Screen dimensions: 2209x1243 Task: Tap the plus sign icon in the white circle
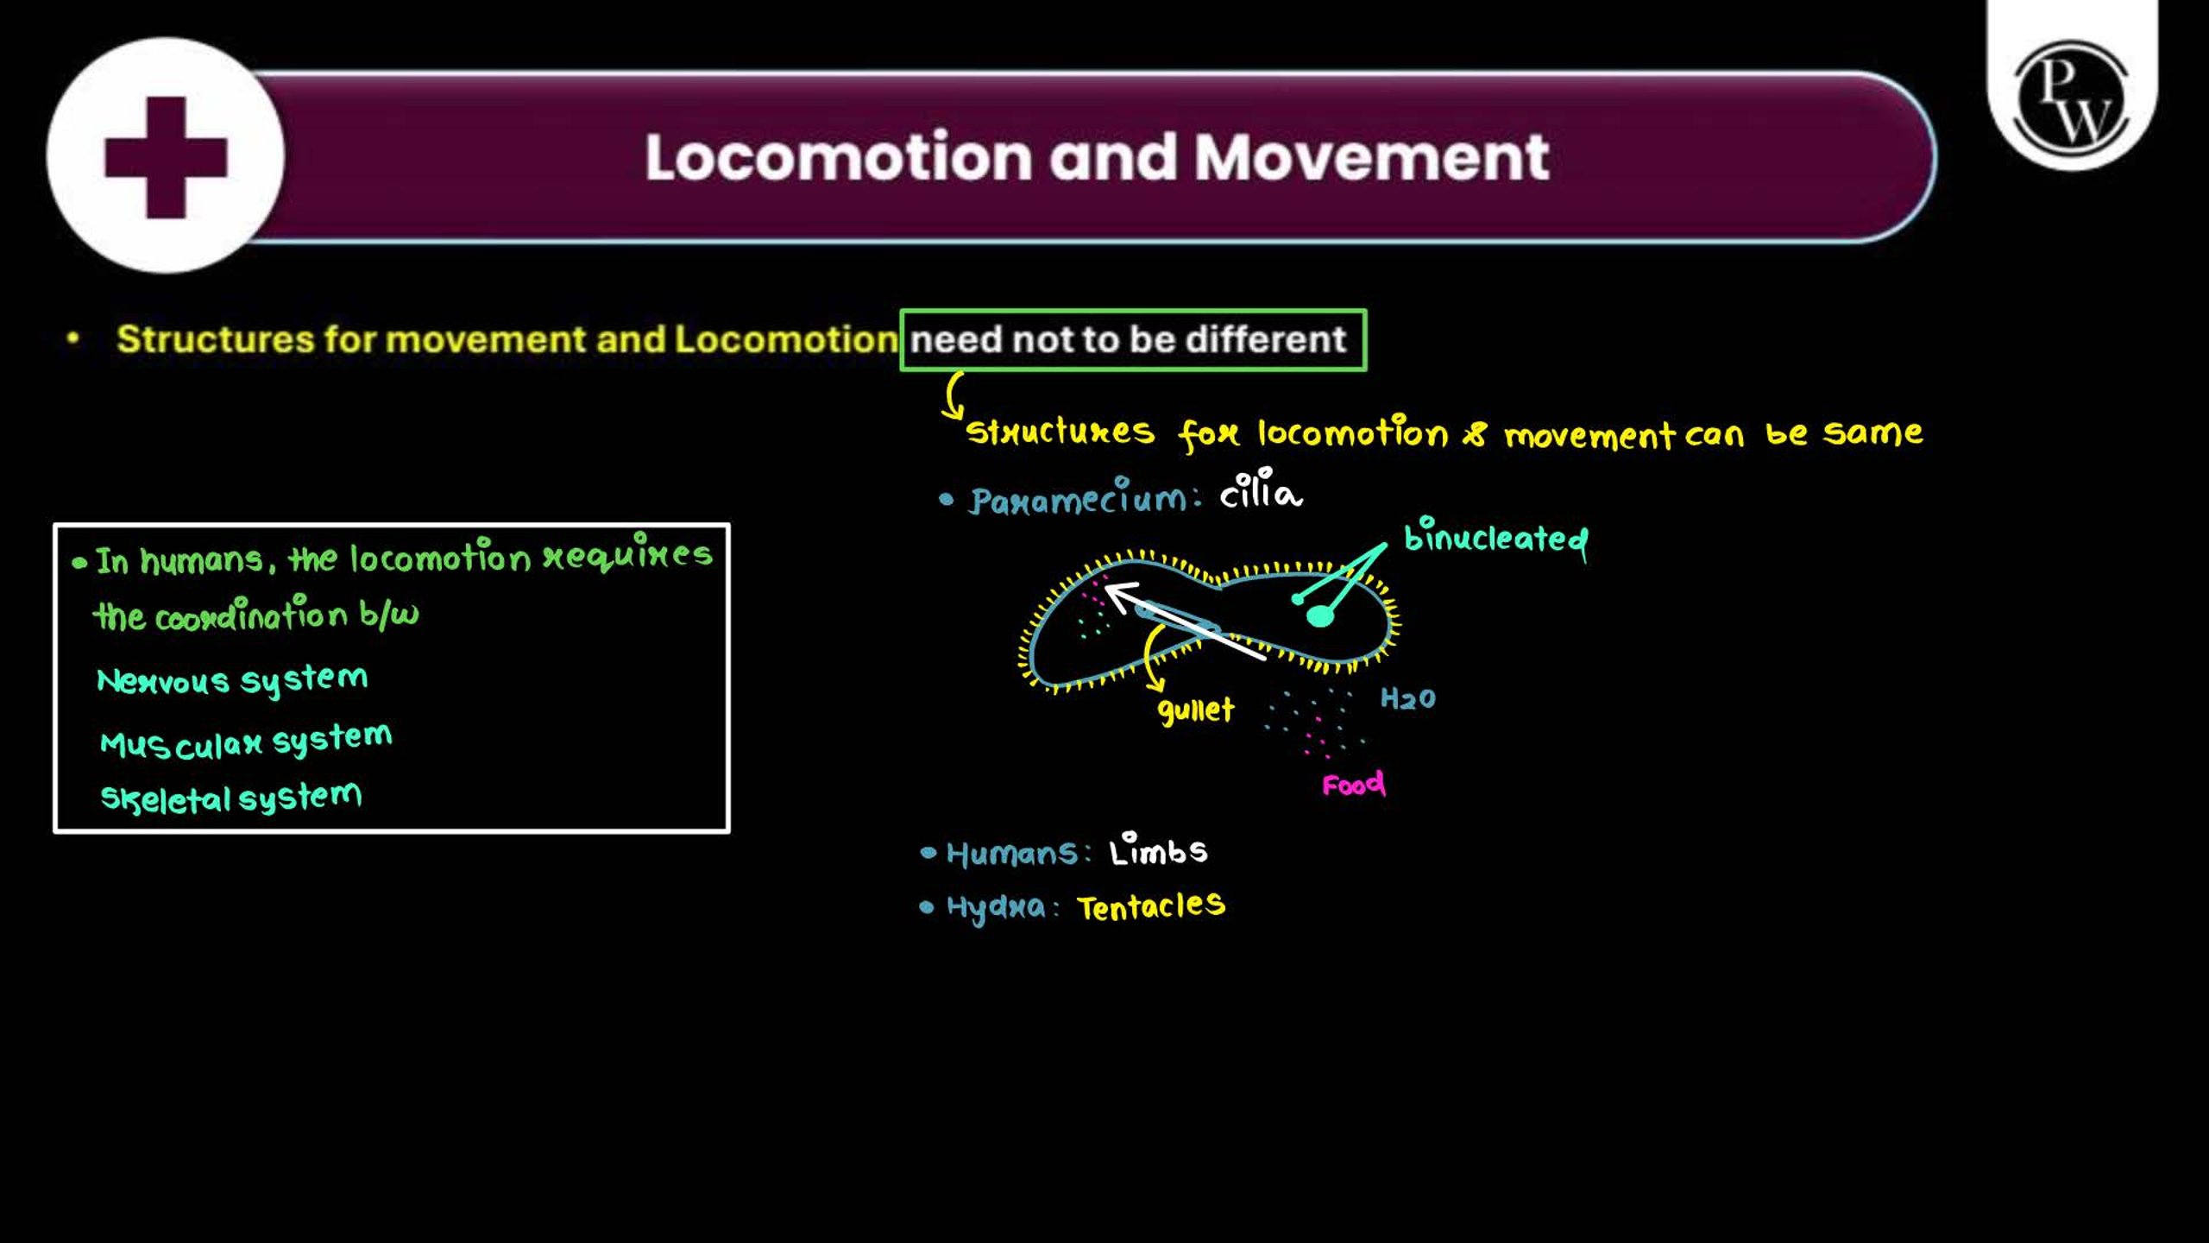[x=166, y=157]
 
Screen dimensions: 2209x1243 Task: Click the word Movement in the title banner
[x=1372, y=157]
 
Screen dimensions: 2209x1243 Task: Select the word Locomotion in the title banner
[x=839, y=157]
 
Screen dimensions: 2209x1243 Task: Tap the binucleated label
[x=1496, y=538]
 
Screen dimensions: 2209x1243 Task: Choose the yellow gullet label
[x=1196, y=710]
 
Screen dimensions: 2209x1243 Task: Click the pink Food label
[x=1354, y=784]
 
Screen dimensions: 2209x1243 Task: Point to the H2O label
[x=1408, y=697]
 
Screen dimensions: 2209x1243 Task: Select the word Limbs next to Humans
[x=1159, y=850]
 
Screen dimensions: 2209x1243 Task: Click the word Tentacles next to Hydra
[x=1151, y=905]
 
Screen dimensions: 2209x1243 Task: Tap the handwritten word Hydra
[x=996, y=907]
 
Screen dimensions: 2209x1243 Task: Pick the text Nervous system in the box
[x=232, y=679]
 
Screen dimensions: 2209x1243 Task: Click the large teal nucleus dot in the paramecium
[x=1320, y=615]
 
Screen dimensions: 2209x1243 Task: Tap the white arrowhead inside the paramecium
[x=1120, y=596]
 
